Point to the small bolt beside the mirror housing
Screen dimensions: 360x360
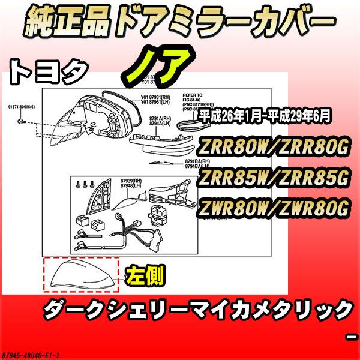[x=22, y=121]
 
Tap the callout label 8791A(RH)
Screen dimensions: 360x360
[x=159, y=119]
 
